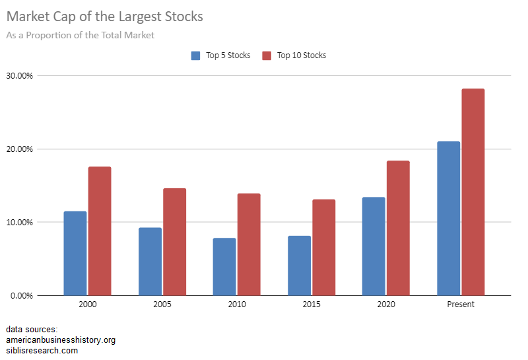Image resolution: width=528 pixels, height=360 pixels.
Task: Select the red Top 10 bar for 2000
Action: click(x=100, y=231)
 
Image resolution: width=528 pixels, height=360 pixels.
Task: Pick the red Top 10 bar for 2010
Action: click(x=249, y=244)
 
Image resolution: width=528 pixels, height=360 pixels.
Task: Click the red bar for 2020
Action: click(x=398, y=228)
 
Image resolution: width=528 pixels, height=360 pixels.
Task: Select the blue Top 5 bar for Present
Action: click(x=448, y=218)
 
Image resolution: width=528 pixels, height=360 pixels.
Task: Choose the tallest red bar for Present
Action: click(x=473, y=192)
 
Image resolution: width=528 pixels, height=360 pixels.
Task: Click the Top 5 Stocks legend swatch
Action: click(x=195, y=55)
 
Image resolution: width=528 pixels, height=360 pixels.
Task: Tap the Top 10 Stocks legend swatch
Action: click(x=267, y=55)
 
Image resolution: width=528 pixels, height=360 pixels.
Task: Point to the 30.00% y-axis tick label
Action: click(x=20, y=75)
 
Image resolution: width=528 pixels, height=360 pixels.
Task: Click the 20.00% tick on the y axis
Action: click(x=20, y=149)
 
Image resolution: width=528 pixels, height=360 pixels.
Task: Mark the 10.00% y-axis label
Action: click(x=20, y=222)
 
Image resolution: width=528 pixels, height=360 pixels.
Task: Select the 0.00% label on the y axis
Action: click(x=22, y=295)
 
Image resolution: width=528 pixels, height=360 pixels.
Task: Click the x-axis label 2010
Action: click(x=237, y=305)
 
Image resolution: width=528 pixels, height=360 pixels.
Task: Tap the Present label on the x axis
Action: click(x=460, y=305)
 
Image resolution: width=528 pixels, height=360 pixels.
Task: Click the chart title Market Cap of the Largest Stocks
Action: click(x=105, y=16)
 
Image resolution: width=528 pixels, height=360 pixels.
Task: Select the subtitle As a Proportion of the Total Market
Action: click(x=80, y=35)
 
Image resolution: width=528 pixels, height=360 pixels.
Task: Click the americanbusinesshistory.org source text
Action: click(x=61, y=340)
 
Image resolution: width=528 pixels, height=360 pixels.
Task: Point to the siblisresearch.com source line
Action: click(x=42, y=351)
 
